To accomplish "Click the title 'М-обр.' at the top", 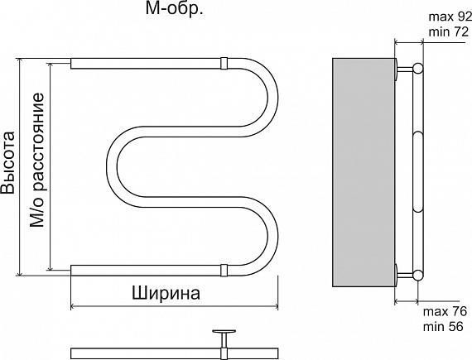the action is [x=174, y=9].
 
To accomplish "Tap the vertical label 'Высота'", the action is [x=7, y=162].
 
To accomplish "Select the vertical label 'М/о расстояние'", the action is [x=37, y=161].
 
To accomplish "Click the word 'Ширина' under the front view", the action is [x=166, y=293].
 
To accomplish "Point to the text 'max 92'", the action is [x=450, y=17].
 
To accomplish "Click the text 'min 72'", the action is [x=449, y=31].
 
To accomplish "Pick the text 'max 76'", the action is [x=445, y=311].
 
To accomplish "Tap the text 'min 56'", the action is [x=443, y=326].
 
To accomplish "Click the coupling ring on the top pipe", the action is [x=224, y=64].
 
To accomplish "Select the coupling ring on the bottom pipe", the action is [x=224, y=271].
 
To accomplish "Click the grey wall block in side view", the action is [x=364, y=172].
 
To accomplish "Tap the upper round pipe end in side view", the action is [x=418, y=68].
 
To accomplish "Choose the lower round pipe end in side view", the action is [x=418, y=276].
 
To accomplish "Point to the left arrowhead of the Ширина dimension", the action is [x=73, y=307].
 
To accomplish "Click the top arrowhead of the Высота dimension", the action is [x=20, y=61].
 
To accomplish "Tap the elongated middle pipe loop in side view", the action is [x=418, y=172].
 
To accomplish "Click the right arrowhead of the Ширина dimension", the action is [x=275, y=307].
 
